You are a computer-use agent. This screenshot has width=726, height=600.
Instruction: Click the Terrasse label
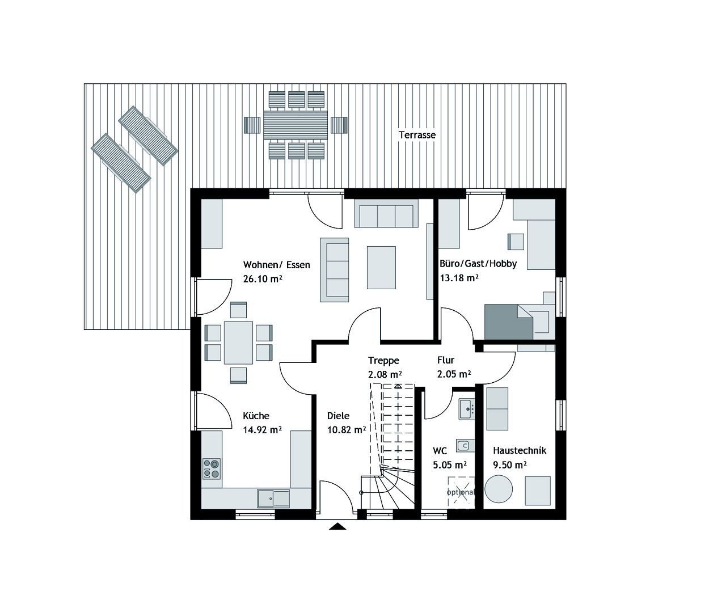click(417, 135)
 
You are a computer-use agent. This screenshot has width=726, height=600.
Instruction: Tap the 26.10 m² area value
click(263, 279)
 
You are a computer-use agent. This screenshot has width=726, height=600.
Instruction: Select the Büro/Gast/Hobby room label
click(478, 264)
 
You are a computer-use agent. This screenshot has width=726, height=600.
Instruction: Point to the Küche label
click(256, 416)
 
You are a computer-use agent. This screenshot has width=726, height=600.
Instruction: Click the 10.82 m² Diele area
click(346, 430)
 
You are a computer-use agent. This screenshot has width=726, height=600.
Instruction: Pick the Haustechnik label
click(520, 451)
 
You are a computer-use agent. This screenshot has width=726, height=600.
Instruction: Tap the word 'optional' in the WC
click(461, 492)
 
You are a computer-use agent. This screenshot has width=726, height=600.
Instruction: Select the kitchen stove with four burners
click(212, 468)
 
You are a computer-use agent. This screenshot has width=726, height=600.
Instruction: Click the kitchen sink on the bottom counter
click(273, 498)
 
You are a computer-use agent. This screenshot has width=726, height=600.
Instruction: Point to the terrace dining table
click(296, 125)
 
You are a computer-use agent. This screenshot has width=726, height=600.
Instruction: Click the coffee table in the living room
click(382, 267)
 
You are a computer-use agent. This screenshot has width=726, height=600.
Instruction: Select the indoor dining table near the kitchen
click(239, 343)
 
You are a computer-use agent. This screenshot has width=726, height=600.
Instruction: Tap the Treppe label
click(384, 361)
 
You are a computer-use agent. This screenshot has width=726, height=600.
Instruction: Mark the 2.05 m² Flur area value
click(454, 374)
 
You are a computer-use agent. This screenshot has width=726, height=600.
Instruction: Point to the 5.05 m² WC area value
click(450, 464)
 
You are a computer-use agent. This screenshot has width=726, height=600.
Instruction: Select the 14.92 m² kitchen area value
click(263, 430)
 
